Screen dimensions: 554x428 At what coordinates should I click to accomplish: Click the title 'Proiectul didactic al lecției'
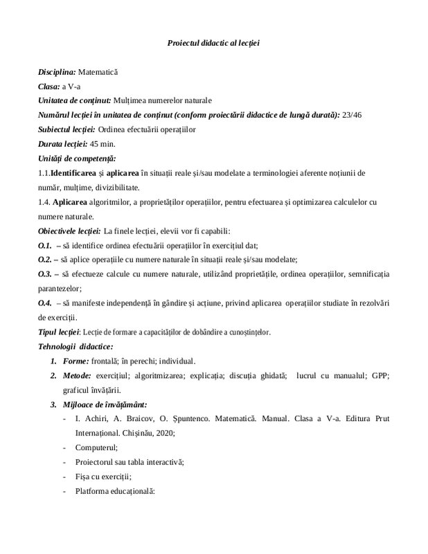coord(213,44)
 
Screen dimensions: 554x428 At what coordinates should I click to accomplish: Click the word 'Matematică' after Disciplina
coord(98,71)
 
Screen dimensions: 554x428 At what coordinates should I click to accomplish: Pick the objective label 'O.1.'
coord(44,246)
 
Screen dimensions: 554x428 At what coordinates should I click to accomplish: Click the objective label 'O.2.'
coord(44,260)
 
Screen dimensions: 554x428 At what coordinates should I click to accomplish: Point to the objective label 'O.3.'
coord(44,274)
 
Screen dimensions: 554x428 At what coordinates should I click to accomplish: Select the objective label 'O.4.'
coord(44,303)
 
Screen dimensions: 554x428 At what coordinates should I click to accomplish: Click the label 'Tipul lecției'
coord(59,332)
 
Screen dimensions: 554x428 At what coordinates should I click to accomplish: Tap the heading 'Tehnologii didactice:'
coord(76,346)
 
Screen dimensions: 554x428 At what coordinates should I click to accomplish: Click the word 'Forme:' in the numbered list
coord(76,361)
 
